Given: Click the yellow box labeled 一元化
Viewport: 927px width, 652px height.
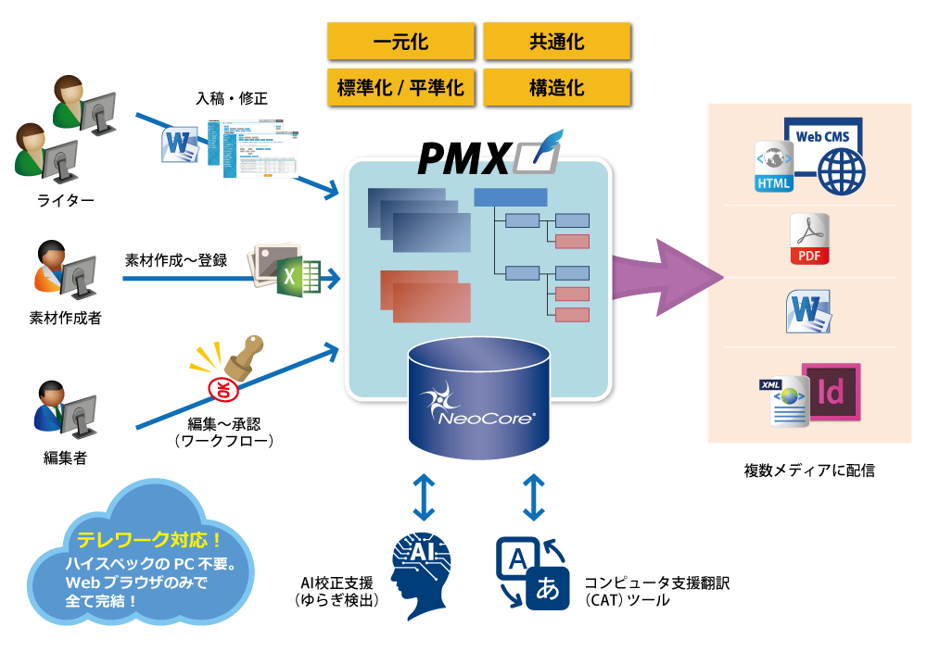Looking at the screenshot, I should [400, 42].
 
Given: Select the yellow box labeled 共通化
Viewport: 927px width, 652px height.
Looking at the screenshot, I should [556, 42].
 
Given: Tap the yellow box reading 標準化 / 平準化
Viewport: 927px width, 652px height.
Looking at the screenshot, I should [400, 88].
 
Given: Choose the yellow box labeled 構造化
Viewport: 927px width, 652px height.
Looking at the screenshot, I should [556, 88].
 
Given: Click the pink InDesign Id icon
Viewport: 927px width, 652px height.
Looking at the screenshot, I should [831, 393].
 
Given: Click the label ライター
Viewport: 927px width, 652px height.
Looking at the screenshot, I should [65, 199].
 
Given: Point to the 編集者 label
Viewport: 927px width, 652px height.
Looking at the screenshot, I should [65, 457].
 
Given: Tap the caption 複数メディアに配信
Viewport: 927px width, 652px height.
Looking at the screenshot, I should [808, 470].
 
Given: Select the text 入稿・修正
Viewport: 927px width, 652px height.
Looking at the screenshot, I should [232, 98].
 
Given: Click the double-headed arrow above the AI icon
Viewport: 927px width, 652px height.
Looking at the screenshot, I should [423, 497].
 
